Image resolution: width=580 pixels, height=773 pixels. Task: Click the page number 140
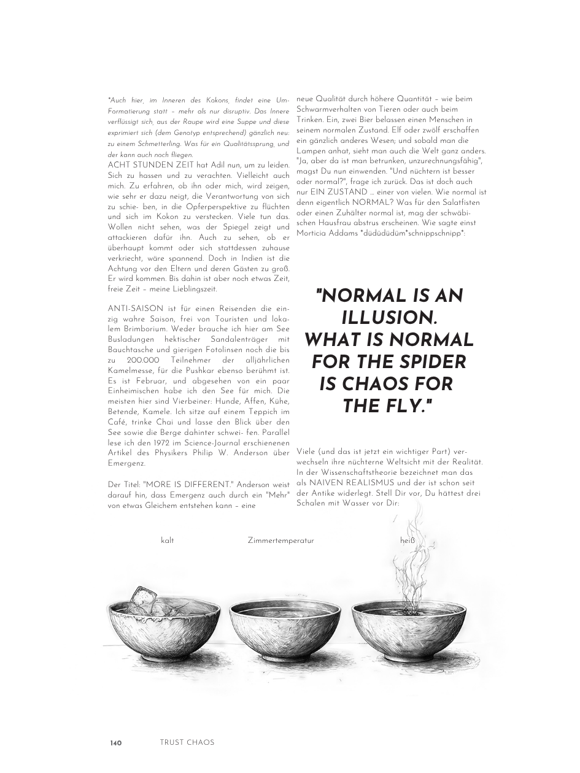(x=116, y=743)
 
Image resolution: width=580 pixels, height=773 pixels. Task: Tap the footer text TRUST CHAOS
(x=187, y=742)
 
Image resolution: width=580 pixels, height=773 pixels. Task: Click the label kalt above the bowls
(x=167, y=540)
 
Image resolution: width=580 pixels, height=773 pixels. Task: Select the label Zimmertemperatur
(x=280, y=540)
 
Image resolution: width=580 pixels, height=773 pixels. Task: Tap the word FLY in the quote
(x=400, y=406)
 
